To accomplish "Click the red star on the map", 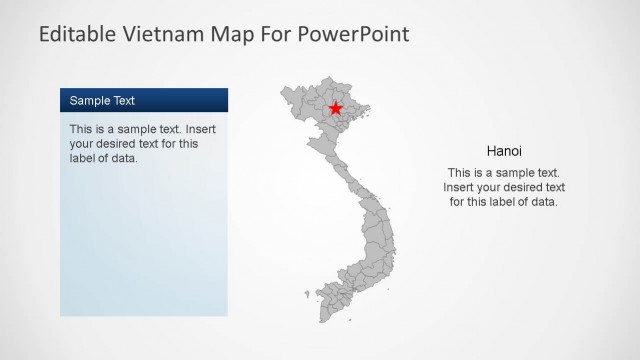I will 336,108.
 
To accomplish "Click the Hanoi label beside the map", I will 504,152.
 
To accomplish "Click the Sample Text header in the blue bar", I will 102,101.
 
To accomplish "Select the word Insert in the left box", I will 199,130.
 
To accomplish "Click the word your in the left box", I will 83,144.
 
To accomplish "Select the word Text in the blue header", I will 124,101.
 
